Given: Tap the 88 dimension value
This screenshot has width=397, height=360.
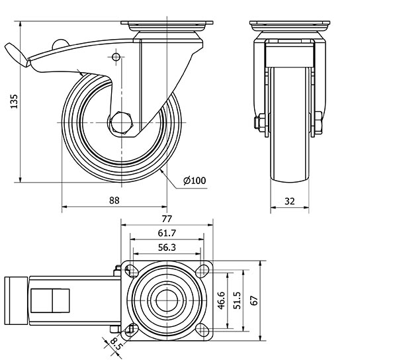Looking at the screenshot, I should pyautogui.click(x=114, y=201).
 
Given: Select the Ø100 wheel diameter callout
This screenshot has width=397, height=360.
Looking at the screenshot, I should pyautogui.click(x=194, y=180).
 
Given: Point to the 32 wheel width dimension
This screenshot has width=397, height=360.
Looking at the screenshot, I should pyautogui.click(x=290, y=201).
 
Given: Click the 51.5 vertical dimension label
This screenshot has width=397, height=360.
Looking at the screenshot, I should pyautogui.click(x=236, y=298).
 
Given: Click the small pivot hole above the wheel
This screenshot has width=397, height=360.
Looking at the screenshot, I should pyautogui.click(x=116, y=58).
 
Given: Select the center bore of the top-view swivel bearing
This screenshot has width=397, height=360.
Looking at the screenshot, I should pyautogui.click(x=165, y=299).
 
